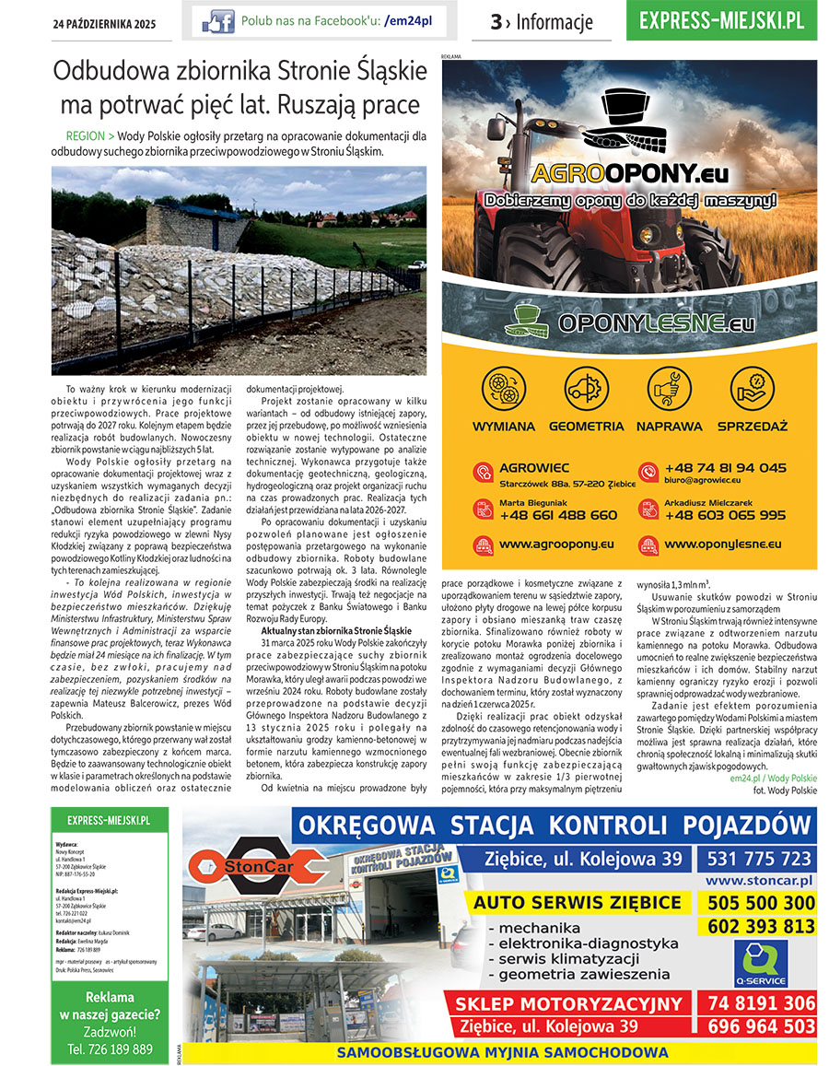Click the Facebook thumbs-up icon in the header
tap(217, 20)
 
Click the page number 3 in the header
tap(496, 22)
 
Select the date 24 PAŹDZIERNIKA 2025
tap(104, 22)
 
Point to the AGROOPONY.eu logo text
tap(629, 173)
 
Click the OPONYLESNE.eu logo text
tap(656, 323)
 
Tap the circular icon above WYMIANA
tap(503, 389)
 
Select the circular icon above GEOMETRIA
tap(587, 389)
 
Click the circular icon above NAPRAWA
tap(670, 389)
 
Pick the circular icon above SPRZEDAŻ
tap(752, 389)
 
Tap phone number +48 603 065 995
tap(725, 515)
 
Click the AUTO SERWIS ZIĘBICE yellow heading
tap(578, 902)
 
